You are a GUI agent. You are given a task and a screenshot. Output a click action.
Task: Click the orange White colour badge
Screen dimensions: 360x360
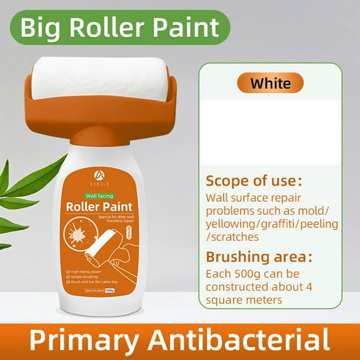271,83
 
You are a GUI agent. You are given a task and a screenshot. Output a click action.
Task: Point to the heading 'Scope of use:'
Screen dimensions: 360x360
253,181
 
